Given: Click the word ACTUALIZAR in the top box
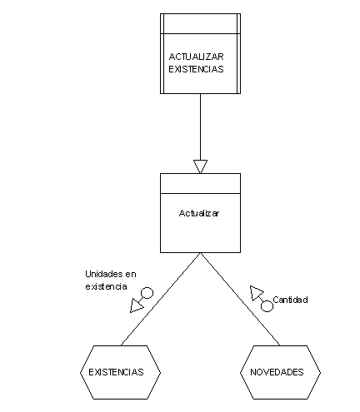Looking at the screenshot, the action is [x=196, y=57].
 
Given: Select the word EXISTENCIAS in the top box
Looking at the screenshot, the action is [x=196, y=69].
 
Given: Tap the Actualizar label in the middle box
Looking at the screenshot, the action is [x=199, y=213].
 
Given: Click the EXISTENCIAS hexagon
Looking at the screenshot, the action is [x=120, y=372].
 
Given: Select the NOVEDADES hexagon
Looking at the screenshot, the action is [x=280, y=372].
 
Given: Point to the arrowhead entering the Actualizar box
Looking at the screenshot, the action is [x=200, y=166].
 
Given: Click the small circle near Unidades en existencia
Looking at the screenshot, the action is [x=147, y=293].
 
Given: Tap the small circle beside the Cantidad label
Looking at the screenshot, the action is [x=267, y=306].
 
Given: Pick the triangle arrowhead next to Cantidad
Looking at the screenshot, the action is [x=256, y=293].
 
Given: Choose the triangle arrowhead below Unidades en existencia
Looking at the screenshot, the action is [x=136, y=305].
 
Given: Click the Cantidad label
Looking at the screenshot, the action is [x=290, y=300].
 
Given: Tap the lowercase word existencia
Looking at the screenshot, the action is [x=106, y=286].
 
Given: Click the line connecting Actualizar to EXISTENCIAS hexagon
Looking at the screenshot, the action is [x=161, y=299].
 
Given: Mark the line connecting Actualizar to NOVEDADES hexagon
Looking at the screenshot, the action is [x=240, y=299].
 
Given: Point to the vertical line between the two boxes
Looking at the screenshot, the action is [x=200, y=127].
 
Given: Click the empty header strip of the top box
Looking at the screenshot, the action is [x=200, y=23].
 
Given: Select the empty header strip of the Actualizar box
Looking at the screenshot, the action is [x=200, y=183].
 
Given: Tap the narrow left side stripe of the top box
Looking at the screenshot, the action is [x=162, y=53].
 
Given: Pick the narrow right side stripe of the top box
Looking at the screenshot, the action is [x=238, y=53].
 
